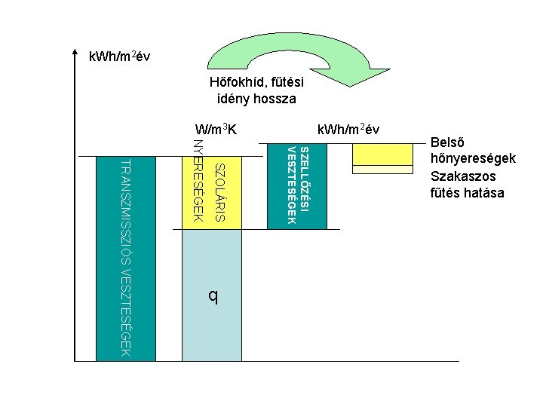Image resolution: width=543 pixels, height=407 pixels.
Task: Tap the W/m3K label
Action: coord(216,129)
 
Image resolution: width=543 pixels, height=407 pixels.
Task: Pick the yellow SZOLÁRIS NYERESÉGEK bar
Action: coord(212,192)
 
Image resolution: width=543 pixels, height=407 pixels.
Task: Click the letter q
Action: coord(213,296)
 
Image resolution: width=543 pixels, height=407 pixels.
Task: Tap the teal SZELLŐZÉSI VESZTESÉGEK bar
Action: coord(298,185)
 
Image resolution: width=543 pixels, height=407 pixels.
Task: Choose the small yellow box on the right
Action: coord(382,154)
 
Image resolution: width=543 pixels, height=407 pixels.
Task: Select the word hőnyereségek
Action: coord(472,159)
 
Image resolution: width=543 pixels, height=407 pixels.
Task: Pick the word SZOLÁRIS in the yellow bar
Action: coord(219,191)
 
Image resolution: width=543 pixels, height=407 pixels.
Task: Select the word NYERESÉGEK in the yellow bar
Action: coord(198,181)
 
